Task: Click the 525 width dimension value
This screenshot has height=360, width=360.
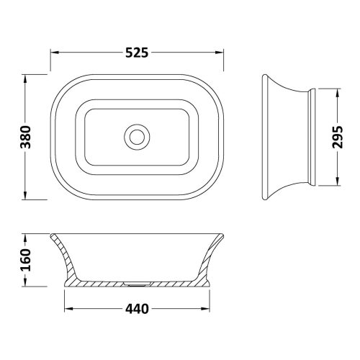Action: tap(136, 53)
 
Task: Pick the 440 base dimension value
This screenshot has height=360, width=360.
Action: tap(137, 310)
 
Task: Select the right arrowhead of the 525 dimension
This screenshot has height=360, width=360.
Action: tap(221, 53)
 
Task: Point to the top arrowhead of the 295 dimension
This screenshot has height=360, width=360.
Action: tap(333, 91)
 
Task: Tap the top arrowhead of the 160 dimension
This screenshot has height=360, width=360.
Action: tap(26, 236)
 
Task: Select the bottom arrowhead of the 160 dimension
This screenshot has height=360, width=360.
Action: tap(26, 282)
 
